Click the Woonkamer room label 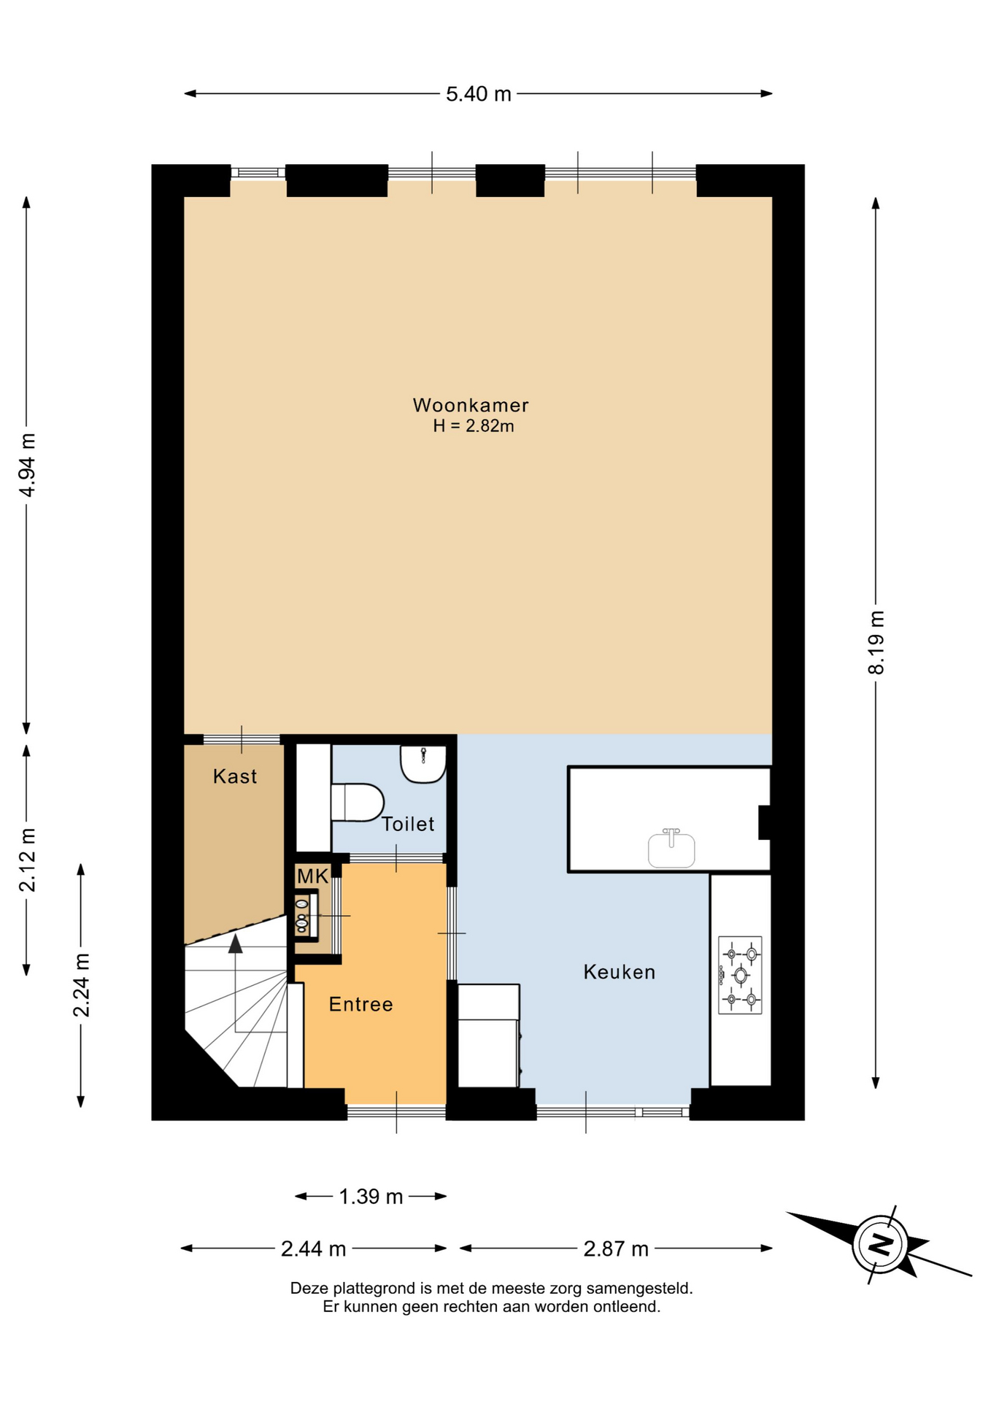(471, 405)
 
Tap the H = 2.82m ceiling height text (474, 426)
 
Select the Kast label (235, 776)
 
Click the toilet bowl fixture (358, 803)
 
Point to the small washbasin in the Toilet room (423, 764)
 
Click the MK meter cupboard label (312, 876)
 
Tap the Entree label (360, 1005)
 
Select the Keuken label (620, 972)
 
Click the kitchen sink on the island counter (671, 849)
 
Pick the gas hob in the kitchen (740, 975)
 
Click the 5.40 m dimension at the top (479, 94)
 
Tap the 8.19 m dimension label (876, 643)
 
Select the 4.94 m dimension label (27, 465)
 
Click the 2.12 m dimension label (27, 860)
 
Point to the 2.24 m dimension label (81, 985)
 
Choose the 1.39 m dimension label (371, 1197)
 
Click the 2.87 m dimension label (616, 1249)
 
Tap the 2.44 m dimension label (313, 1249)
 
